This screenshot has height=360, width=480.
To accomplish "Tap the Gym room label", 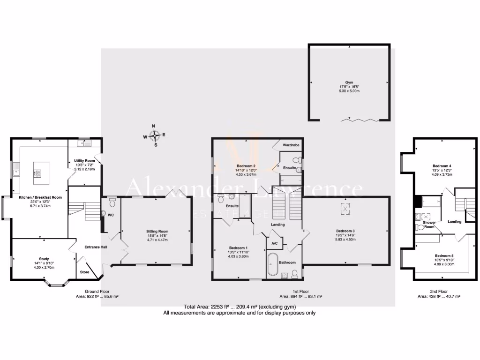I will click(x=349, y=82).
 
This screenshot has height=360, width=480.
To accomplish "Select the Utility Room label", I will click(x=84, y=161).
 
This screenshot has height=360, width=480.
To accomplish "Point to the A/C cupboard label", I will click(x=275, y=243).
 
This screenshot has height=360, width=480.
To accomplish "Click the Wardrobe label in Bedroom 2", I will click(x=291, y=145).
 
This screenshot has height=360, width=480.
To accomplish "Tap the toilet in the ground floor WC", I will click(x=112, y=202).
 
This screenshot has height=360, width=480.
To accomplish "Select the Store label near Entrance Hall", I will click(x=84, y=271).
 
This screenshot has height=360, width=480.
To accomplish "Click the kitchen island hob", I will click(x=37, y=172).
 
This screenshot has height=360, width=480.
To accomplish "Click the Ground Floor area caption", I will click(x=97, y=293).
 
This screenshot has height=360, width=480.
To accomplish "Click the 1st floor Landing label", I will click(x=277, y=225).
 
